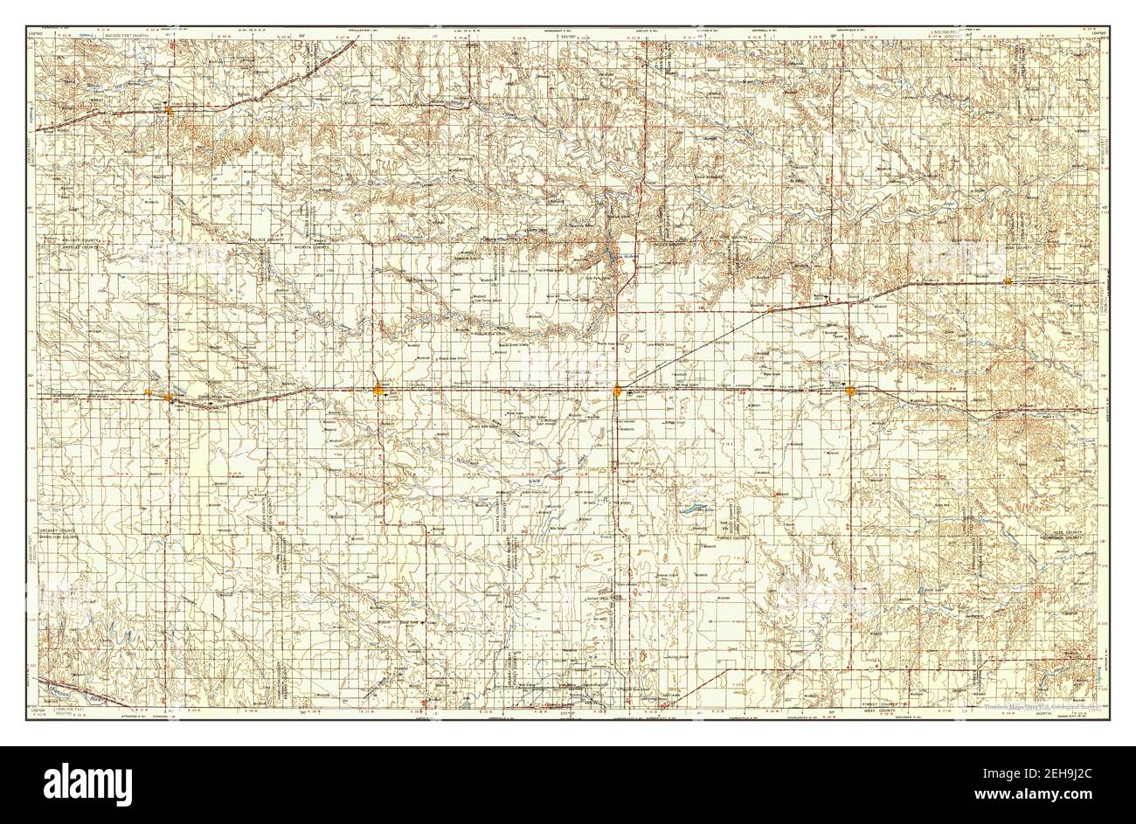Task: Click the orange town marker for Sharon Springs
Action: coord(168,110)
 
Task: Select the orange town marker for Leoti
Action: coord(378,389)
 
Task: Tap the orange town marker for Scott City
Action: coord(618,390)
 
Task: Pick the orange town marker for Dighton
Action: coord(849,389)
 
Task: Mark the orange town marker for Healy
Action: coord(768,308)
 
